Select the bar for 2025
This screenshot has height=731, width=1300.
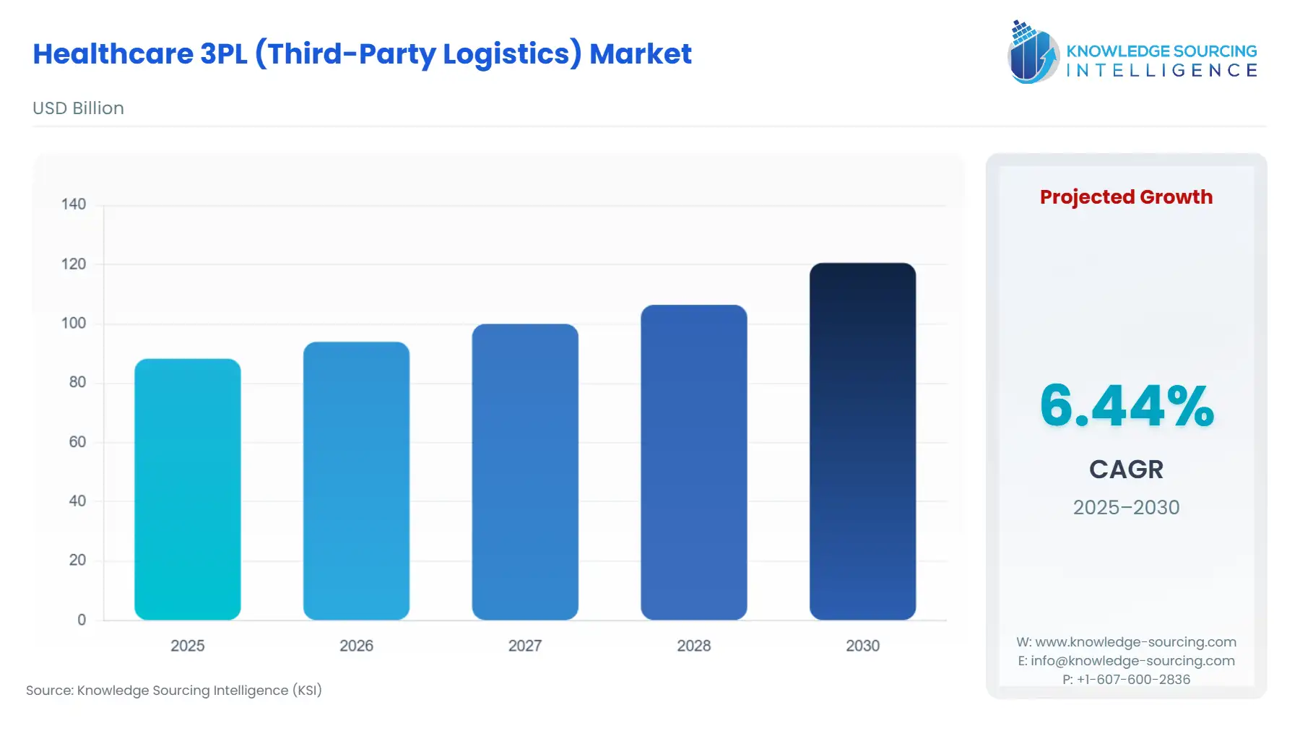188,489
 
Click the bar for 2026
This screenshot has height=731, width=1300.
356,480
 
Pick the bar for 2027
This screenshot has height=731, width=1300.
525,472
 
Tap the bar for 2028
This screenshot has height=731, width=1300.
694,462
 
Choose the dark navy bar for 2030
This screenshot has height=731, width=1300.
862,441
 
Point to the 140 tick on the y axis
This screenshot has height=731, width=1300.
74,204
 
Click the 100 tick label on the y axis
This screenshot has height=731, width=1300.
74,323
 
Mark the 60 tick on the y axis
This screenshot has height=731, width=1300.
77,441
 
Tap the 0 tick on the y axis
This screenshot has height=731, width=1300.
82,620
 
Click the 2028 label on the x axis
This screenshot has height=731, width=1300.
694,646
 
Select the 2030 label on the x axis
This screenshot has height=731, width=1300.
862,646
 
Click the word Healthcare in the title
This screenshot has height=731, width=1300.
113,54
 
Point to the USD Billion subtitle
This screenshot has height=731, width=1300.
78,108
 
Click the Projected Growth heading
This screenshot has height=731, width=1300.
1126,197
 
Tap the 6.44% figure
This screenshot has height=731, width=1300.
1127,405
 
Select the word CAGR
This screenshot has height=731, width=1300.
1126,470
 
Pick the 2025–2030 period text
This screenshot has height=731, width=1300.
1126,507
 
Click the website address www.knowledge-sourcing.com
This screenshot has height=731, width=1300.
1135,642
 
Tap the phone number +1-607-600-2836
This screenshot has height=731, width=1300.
1133,680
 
